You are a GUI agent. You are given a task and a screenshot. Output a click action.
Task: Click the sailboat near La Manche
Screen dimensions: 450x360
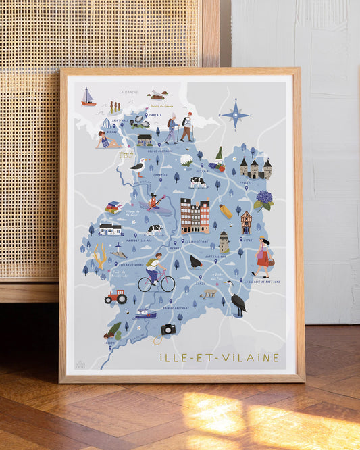(88, 98)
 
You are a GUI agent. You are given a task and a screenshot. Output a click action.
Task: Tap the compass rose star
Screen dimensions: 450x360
(235, 114)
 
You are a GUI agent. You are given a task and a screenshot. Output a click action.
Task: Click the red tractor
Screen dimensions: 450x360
(116, 296)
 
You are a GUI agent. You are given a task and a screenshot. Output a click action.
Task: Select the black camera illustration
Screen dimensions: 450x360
(168, 329)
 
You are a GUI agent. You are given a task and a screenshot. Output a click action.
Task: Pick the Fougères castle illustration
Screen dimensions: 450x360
(255, 168)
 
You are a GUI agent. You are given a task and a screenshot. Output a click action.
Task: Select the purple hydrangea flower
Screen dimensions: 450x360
(263, 199)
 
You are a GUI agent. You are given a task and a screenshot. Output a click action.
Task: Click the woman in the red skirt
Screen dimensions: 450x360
(262, 257)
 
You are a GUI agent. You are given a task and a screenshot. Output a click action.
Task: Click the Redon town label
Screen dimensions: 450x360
(110, 342)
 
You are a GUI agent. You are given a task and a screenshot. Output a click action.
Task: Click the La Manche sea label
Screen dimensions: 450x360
(128, 91)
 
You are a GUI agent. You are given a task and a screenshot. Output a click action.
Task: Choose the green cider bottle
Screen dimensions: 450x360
(220, 155)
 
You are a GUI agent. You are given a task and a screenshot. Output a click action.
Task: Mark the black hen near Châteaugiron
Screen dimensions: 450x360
(195, 261)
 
